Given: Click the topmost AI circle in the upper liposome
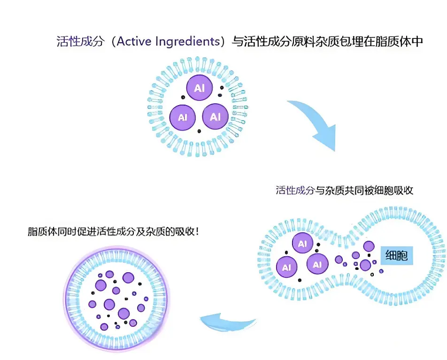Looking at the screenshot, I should pos(200,88).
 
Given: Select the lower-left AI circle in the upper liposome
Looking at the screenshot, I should pos(183,116).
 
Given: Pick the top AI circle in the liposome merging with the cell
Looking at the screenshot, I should pos(303,244).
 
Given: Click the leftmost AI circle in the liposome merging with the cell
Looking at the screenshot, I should pos(287,268).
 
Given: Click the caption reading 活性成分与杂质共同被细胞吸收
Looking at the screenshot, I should pos(345,190).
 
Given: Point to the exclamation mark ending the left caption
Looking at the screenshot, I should pos(196,231).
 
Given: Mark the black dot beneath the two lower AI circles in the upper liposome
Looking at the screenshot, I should pos(200,131).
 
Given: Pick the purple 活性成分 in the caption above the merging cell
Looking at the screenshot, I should pos(295,190).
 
